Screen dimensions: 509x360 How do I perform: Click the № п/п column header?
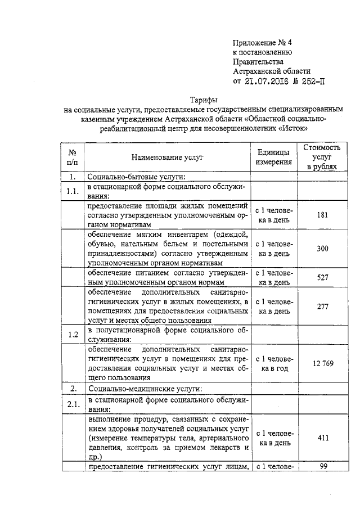point(72,157)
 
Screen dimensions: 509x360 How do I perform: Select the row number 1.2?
point(72,334)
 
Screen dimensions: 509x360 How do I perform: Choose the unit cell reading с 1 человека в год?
point(274,363)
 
